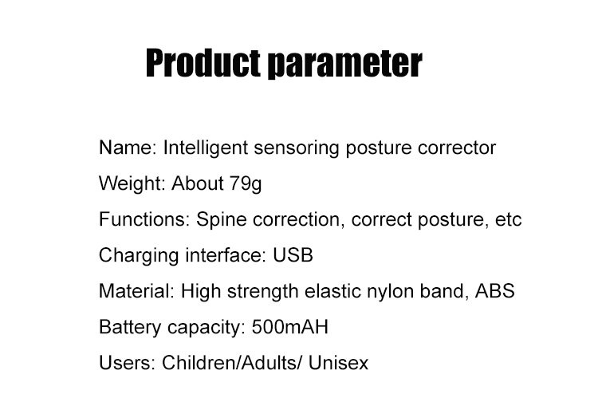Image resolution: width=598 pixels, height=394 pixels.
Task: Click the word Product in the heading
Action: point(203,63)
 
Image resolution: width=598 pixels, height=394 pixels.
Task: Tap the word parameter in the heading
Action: point(344,64)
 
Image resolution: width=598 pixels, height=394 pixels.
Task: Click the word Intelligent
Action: point(206,148)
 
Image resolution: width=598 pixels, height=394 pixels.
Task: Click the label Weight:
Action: point(132,184)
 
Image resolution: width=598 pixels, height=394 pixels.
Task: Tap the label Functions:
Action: point(144,219)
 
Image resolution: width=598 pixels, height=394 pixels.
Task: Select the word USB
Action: point(293,255)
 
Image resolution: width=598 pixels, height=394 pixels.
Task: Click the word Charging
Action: point(139,256)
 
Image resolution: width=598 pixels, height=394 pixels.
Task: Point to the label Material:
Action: point(136,291)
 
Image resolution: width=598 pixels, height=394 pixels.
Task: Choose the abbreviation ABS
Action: point(494,291)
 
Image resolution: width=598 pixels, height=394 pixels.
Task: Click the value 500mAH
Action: point(290,327)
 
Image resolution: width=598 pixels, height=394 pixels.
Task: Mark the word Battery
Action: point(130,328)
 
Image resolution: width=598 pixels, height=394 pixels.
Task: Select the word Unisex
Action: point(338,363)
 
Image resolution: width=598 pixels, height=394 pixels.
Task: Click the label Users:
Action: point(128,363)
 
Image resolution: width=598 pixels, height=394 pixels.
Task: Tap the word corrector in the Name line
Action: point(457,148)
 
